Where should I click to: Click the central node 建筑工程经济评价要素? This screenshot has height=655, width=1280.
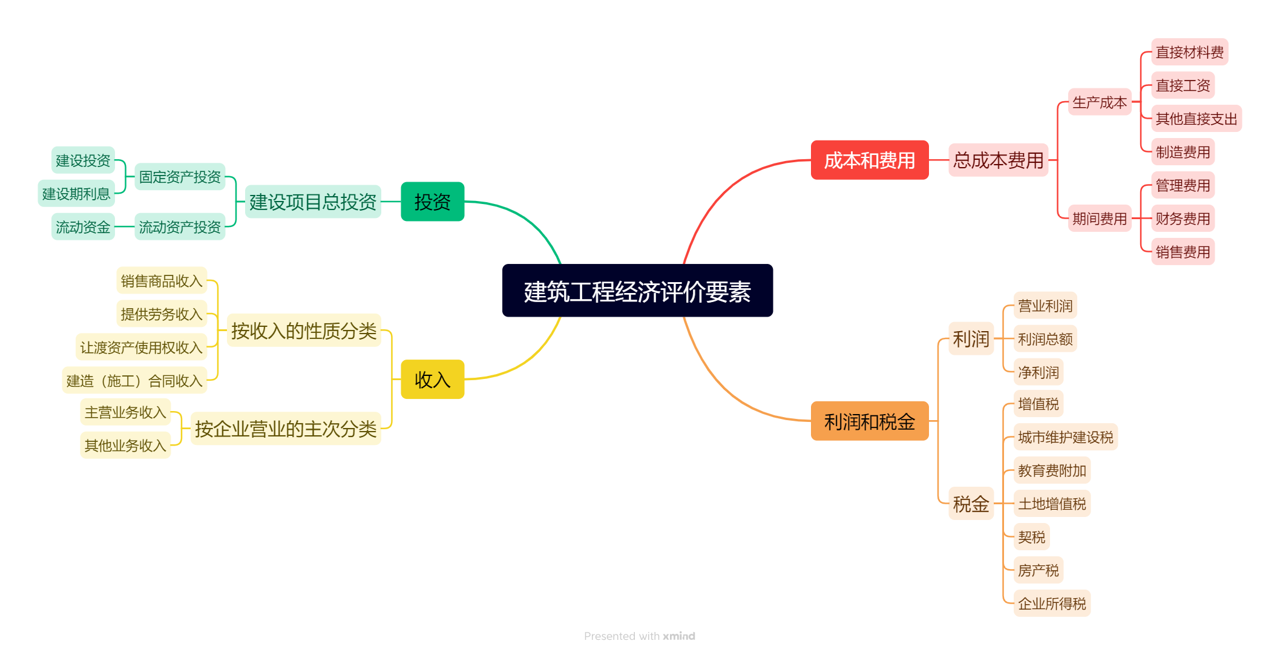tap(637, 291)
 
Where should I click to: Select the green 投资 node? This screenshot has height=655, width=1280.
tap(432, 202)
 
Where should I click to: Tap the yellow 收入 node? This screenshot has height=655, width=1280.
tap(432, 380)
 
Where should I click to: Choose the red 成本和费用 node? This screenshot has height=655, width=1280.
tap(869, 160)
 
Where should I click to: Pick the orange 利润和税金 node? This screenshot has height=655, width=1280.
tap(869, 421)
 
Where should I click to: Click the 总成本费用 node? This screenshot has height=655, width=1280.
tap(998, 160)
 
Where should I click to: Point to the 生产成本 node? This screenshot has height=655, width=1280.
tap(1099, 102)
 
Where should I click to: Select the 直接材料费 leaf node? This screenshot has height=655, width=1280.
tap(1189, 52)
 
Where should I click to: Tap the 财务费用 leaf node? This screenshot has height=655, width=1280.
tap(1183, 219)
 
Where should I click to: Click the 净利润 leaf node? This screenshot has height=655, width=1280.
tap(1038, 372)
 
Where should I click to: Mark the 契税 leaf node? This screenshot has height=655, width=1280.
tap(1031, 537)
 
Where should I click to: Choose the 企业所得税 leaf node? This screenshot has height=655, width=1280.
tap(1052, 604)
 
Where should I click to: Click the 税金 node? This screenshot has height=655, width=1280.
tap(971, 504)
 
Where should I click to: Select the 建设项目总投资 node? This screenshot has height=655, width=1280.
tap(313, 202)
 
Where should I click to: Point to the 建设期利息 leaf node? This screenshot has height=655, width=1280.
tap(76, 194)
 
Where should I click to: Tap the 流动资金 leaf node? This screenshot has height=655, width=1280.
tap(83, 227)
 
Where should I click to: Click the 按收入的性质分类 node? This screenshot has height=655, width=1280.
tap(304, 331)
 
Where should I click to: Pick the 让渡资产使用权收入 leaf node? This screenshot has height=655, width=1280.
tap(141, 347)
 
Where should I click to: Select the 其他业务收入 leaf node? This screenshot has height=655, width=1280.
tap(125, 446)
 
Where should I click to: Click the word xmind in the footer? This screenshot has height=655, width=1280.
tap(679, 636)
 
